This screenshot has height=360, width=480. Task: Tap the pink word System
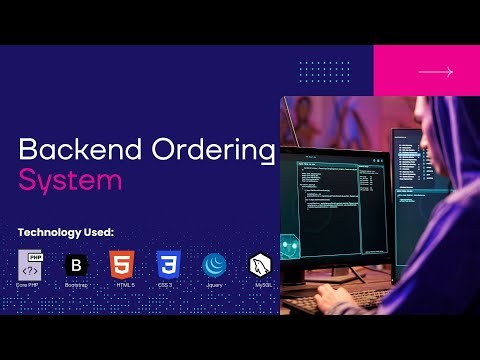70,181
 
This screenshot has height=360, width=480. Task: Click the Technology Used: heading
66,232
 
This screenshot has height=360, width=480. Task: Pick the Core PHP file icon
29,265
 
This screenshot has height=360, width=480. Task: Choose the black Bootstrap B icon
75,265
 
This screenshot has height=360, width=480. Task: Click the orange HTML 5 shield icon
121,265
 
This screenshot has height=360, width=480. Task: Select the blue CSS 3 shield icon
167,265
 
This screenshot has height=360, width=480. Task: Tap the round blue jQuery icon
214,265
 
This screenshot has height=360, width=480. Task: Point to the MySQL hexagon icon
262,265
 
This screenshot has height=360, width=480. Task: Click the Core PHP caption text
29,286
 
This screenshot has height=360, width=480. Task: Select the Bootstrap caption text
75,286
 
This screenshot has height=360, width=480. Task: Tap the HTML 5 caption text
121,286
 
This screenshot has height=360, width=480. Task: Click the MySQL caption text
262,286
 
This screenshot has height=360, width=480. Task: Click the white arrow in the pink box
435,72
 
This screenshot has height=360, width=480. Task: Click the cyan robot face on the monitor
289,244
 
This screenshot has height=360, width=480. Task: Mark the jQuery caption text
214,286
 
